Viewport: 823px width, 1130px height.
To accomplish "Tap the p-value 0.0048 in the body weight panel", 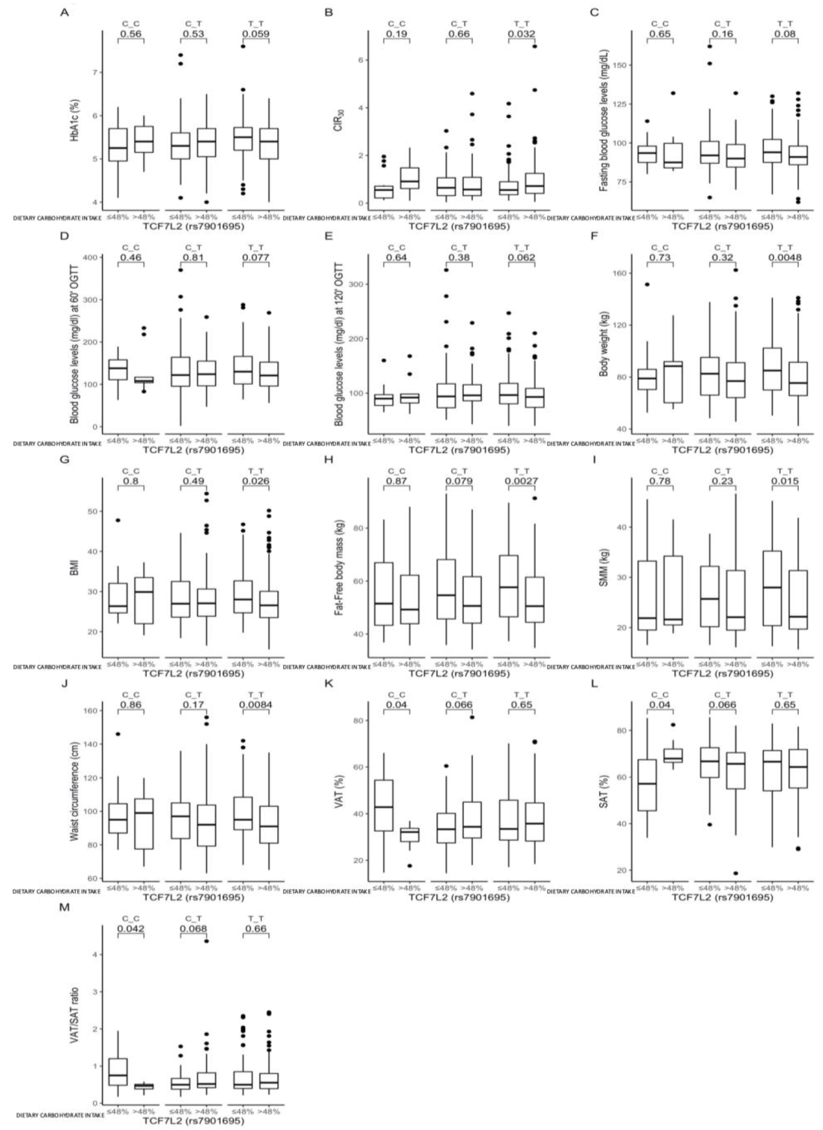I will (x=785, y=258).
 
